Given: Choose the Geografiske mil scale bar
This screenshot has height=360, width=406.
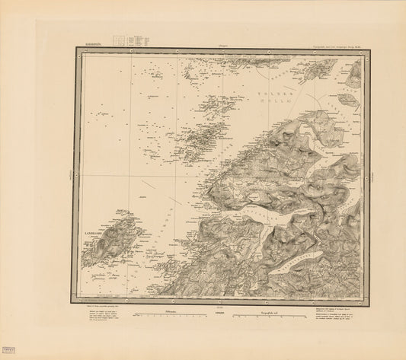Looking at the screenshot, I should tap(263, 314).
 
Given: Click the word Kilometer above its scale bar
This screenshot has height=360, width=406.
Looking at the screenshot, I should tap(160, 308).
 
